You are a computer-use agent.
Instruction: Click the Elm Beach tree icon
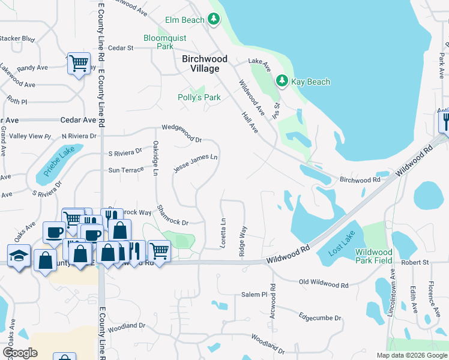click(x=214, y=20)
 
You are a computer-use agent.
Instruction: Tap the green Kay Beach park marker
click(x=281, y=80)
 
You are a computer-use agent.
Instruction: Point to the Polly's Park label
click(x=199, y=97)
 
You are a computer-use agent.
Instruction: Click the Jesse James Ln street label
click(x=195, y=163)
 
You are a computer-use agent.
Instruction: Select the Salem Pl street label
click(x=254, y=295)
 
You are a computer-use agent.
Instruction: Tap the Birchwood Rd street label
click(x=360, y=179)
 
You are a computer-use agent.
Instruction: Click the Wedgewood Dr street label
click(x=182, y=134)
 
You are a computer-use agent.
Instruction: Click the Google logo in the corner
click(x=20, y=353)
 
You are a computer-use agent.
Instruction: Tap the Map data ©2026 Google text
click(x=411, y=355)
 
